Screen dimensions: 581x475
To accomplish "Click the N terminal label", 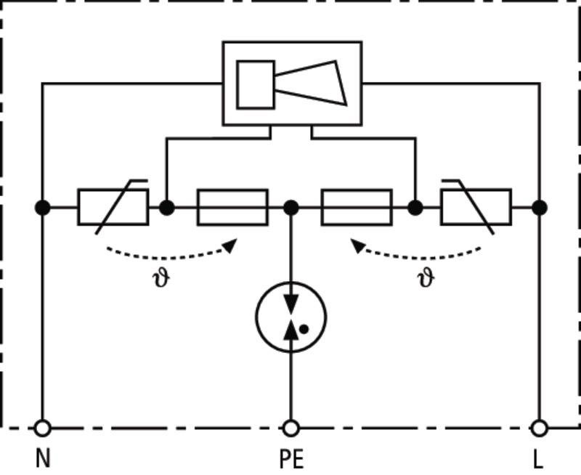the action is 43,458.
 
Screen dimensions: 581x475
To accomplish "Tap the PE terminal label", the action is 291,459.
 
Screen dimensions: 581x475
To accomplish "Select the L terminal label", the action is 538,459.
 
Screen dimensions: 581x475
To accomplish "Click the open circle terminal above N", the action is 43,429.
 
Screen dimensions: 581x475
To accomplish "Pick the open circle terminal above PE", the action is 291,429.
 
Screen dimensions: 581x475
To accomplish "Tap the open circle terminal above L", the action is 539,429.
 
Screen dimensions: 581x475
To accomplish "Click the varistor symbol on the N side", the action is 113,207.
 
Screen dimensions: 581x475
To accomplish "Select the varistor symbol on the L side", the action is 476,207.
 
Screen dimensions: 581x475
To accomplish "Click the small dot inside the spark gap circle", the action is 304,329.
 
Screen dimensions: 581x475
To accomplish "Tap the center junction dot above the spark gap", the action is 291,208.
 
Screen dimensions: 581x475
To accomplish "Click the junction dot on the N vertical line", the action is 43,208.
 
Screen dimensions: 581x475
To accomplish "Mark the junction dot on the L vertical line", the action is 540,208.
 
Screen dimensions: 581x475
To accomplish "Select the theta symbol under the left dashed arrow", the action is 161,278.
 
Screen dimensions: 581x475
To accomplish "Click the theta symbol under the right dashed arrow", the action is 426,278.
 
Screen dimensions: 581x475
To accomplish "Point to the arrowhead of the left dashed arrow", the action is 230,245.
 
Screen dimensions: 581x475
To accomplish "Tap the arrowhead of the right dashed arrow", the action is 357,245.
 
